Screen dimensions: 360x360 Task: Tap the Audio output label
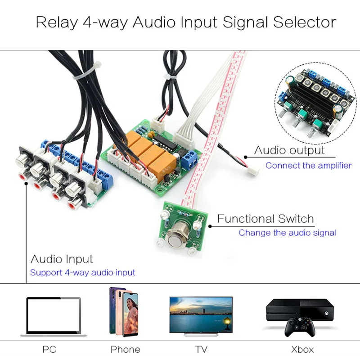click(x=289, y=150)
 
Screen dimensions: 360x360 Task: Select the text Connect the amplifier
click(x=308, y=166)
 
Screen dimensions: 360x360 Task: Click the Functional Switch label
click(x=265, y=219)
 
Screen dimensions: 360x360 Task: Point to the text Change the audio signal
click(x=287, y=233)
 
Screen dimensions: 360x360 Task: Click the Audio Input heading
click(x=62, y=259)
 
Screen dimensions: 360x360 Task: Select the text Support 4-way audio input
click(x=82, y=273)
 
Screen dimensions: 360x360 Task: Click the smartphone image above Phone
click(x=124, y=311)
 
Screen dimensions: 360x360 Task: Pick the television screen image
click(x=201, y=314)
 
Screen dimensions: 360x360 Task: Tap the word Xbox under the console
click(x=302, y=349)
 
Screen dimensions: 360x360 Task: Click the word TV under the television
click(x=201, y=349)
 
